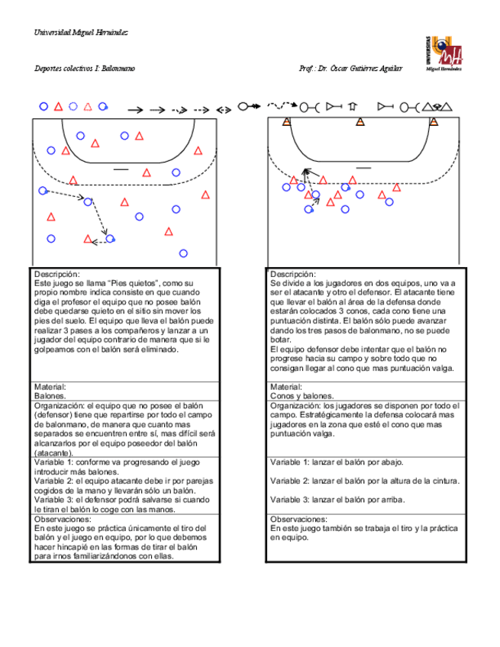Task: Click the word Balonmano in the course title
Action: click(118, 69)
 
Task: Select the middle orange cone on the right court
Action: click(360, 122)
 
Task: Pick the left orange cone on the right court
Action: click(286, 122)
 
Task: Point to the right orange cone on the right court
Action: click(434, 122)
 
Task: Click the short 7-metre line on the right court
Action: click(363, 167)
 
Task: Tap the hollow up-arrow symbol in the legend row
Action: click(353, 107)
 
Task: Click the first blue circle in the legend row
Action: click(44, 107)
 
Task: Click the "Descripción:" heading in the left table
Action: click(57, 274)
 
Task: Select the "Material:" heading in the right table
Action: click(286, 387)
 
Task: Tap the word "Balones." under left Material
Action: click(50, 396)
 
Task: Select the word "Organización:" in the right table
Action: click(296, 405)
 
